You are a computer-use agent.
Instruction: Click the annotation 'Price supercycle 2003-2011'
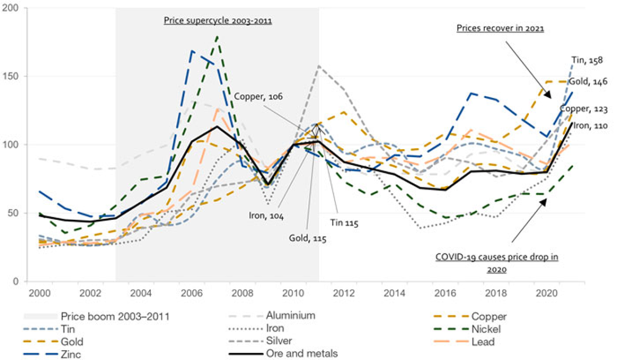(218, 20)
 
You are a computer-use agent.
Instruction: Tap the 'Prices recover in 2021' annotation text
(500, 28)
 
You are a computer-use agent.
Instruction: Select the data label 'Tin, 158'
(587, 60)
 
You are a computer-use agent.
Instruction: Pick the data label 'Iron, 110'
(589, 125)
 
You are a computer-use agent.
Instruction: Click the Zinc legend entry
(71, 355)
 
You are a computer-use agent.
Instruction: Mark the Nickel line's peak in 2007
(217, 36)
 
